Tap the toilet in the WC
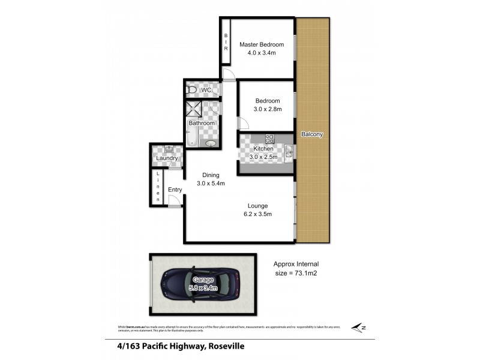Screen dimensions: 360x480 click(191, 91)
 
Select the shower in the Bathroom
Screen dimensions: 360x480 click(194, 109)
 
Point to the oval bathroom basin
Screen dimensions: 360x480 click(211, 143)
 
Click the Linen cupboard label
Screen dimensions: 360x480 click(158, 186)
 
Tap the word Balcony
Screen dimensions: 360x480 click(312, 134)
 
